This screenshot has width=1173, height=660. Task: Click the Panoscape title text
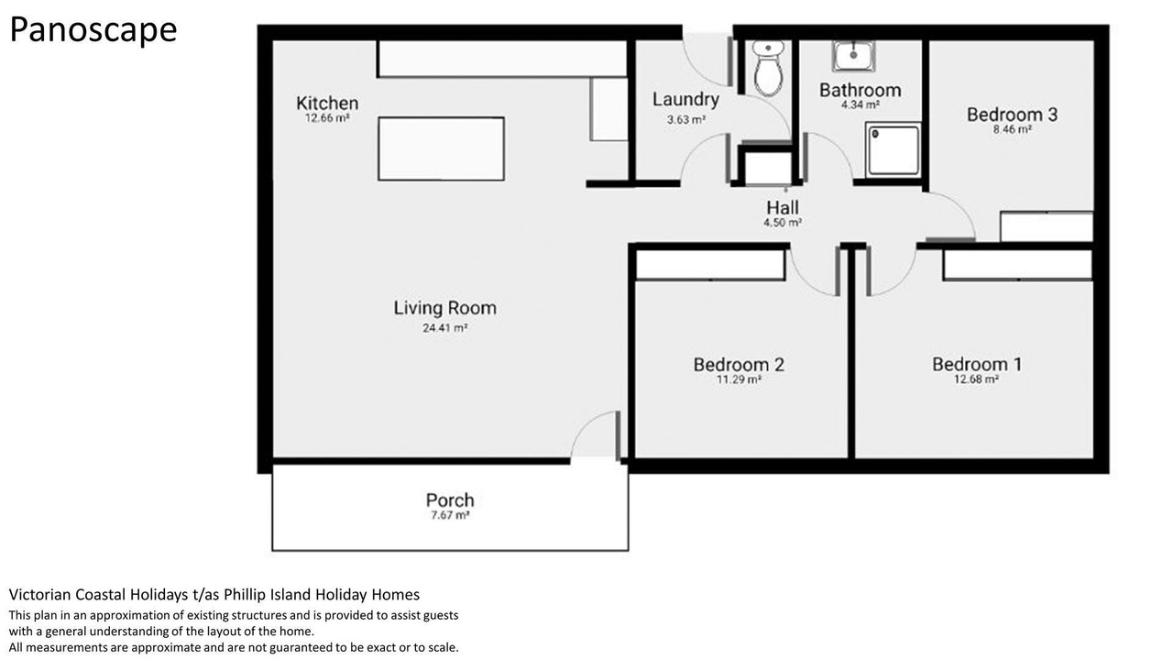tap(93, 30)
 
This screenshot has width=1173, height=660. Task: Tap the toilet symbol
tap(768, 69)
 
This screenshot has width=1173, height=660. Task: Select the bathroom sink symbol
tap(853, 56)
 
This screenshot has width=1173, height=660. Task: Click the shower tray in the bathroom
tap(893, 149)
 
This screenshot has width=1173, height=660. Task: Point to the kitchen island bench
tap(441, 148)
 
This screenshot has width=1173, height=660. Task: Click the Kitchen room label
tap(327, 103)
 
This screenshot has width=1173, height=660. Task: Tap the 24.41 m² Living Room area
tap(445, 328)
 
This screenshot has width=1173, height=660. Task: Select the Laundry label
tap(685, 100)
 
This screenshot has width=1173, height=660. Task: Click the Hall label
tap(783, 207)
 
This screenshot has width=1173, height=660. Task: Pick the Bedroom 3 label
tap(1012, 115)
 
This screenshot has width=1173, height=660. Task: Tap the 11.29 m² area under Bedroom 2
tap(739, 379)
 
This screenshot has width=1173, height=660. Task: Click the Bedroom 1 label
tap(977, 364)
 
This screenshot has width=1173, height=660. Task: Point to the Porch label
tap(450, 500)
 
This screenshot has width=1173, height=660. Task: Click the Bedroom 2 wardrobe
tap(710, 265)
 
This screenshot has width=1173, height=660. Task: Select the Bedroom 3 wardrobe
tap(1047, 226)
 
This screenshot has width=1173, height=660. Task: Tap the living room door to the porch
tap(618, 435)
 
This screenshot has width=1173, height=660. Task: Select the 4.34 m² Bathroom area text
tap(860, 104)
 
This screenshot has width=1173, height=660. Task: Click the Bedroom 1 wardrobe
tap(1018, 265)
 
